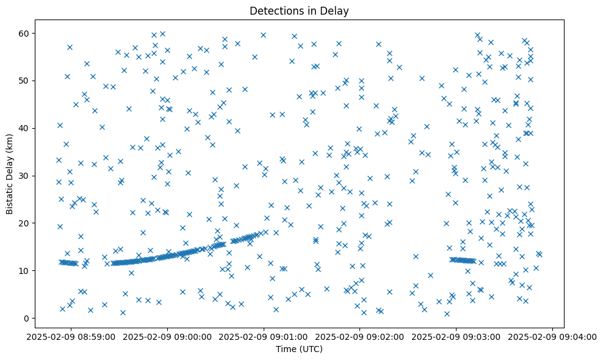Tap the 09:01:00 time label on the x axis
tap(264, 336)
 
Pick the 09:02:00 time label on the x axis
tap(360, 336)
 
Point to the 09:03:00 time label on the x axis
tap(457, 336)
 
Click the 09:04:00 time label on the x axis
tap(552, 336)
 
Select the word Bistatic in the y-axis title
tap(10, 196)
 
